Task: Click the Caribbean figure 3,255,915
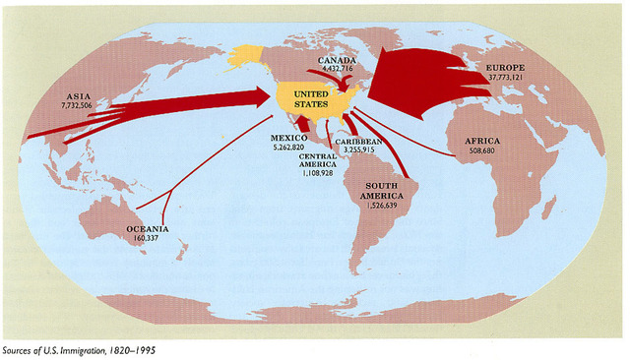pyautogui.click(x=356, y=149)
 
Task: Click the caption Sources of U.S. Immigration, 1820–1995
pyautogui.click(x=78, y=349)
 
